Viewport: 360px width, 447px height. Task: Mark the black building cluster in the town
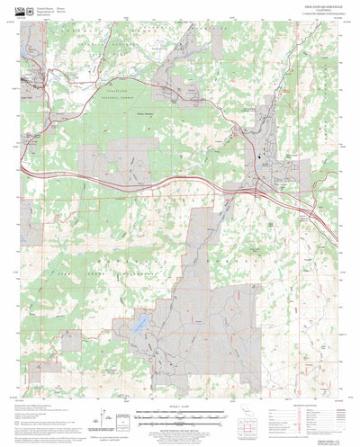pyautogui.click(x=262, y=163)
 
